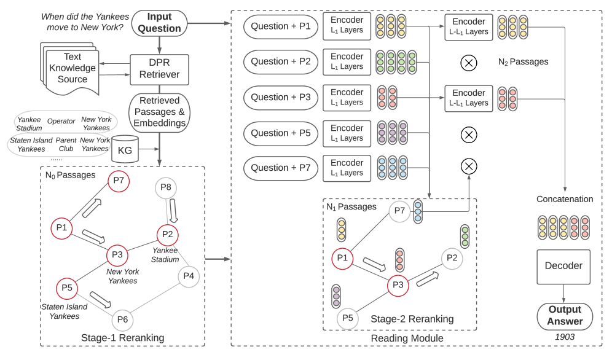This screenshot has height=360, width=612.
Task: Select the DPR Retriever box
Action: click(159, 69)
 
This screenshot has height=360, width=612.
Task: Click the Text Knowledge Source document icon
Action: click(68, 70)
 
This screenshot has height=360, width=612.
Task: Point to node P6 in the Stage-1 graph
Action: click(122, 319)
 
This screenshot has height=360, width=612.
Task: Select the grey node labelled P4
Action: click(189, 276)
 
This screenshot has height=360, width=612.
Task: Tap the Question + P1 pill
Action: click(280, 26)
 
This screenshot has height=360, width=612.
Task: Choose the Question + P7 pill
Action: click(280, 168)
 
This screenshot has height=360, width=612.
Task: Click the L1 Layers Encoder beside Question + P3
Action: click(347, 98)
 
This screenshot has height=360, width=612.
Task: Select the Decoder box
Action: click(563, 266)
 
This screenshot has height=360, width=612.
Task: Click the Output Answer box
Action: click(565, 316)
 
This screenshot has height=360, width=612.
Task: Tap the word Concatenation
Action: click(565, 199)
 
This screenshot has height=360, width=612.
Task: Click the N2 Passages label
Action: click(523, 62)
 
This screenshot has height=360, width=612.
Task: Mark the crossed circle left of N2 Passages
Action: click(469, 62)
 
